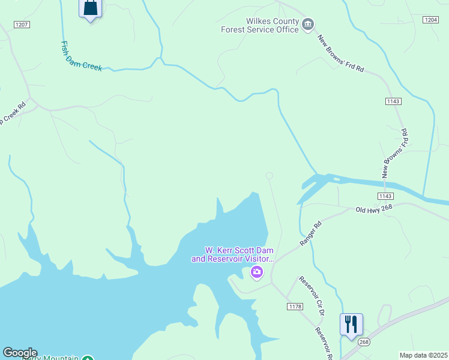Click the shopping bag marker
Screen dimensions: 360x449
[x=90, y=8]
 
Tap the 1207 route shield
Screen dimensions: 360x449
[x=22, y=25]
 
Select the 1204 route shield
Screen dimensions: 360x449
[x=430, y=20]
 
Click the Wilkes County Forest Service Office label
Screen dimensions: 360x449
[x=259, y=25]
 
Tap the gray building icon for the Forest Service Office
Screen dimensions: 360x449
[x=308, y=24]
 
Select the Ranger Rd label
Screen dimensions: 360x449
[x=311, y=233]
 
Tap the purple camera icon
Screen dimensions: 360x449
[x=257, y=273]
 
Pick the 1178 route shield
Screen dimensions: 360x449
[x=295, y=307]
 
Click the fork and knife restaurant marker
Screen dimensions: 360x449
[x=351, y=324]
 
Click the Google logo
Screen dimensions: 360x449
[x=20, y=353]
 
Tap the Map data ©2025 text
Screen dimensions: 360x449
[x=423, y=355]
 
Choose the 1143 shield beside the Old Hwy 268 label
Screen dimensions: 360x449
[x=385, y=196]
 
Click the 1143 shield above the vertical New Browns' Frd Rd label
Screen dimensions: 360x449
[x=393, y=101]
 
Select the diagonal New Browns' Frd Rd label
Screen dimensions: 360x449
[x=340, y=53]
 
